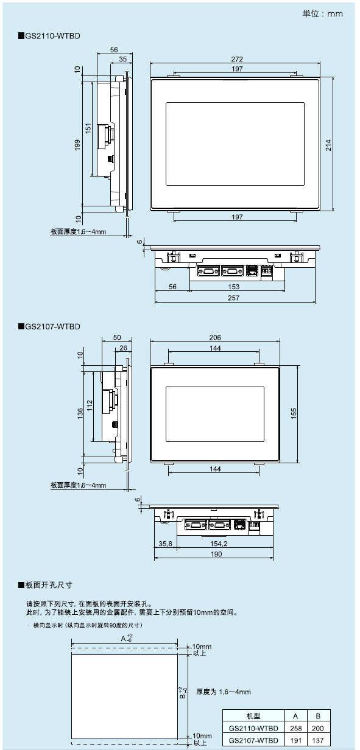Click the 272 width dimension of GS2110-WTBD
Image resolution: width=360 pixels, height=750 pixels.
[237, 59]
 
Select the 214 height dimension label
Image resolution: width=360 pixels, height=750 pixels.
[328, 145]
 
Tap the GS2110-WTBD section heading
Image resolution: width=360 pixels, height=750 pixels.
[49, 36]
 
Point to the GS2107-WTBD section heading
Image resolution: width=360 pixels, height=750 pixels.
[49, 326]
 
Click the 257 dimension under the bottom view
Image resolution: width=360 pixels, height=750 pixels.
[233, 298]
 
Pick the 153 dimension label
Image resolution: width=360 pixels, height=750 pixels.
[233, 287]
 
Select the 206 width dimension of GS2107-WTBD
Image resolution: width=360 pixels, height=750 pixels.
[215, 337]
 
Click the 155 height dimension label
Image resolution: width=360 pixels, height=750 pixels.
[294, 413]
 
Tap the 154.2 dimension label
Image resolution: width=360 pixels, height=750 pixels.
[219, 544]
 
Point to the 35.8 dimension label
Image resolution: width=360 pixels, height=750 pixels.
[166, 544]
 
